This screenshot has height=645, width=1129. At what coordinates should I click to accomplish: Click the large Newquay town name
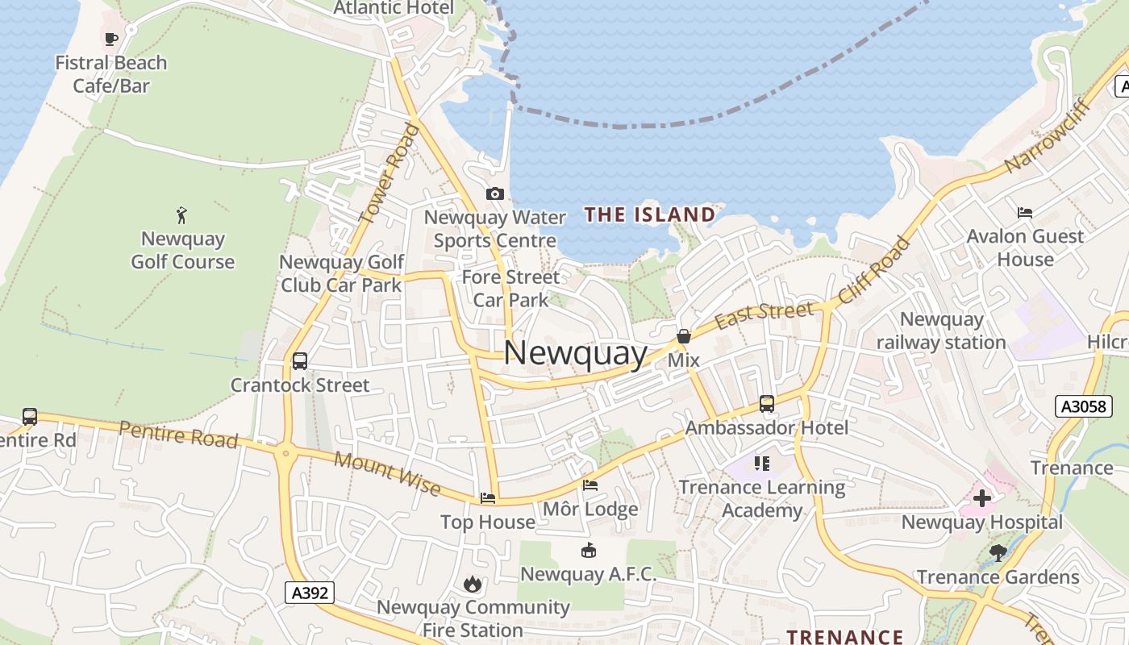click(x=575, y=353)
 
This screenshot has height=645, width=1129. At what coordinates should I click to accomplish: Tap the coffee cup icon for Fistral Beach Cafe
click(x=111, y=38)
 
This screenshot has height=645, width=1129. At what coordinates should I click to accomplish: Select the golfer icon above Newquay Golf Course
click(x=182, y=215)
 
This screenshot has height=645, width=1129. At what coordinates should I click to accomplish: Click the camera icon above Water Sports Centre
click(x=495, y=193)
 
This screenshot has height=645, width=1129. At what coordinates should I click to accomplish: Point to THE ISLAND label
click(x=650, y=214)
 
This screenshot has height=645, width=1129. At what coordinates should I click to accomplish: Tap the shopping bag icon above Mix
click(x=684, y=335)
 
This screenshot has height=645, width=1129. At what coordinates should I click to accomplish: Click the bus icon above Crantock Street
click(x=300, y=360)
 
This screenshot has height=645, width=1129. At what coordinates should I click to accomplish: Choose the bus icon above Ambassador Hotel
click(x=767, y=403)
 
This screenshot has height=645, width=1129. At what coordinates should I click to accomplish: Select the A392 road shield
click(x=310, y=593)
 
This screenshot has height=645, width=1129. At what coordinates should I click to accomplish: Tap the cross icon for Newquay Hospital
click(x=981, y=498)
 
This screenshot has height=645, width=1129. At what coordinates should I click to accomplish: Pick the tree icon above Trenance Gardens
click(x=998, y=553)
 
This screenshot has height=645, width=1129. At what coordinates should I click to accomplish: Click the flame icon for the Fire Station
click(x=473, y=584)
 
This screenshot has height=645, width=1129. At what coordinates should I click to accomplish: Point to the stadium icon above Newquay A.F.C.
click(x=589, y=551)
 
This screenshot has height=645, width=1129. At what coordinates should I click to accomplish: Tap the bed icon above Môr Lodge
click(x=590, y=485)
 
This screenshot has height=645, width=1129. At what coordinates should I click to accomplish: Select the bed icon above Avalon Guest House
click(x=1025, y=213)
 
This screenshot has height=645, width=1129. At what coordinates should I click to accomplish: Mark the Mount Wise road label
click(x=387, y=473)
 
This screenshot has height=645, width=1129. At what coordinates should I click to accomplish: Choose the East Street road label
click(x=764, y=314)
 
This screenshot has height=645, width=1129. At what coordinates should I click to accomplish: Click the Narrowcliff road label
click(x=1047, y=136)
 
